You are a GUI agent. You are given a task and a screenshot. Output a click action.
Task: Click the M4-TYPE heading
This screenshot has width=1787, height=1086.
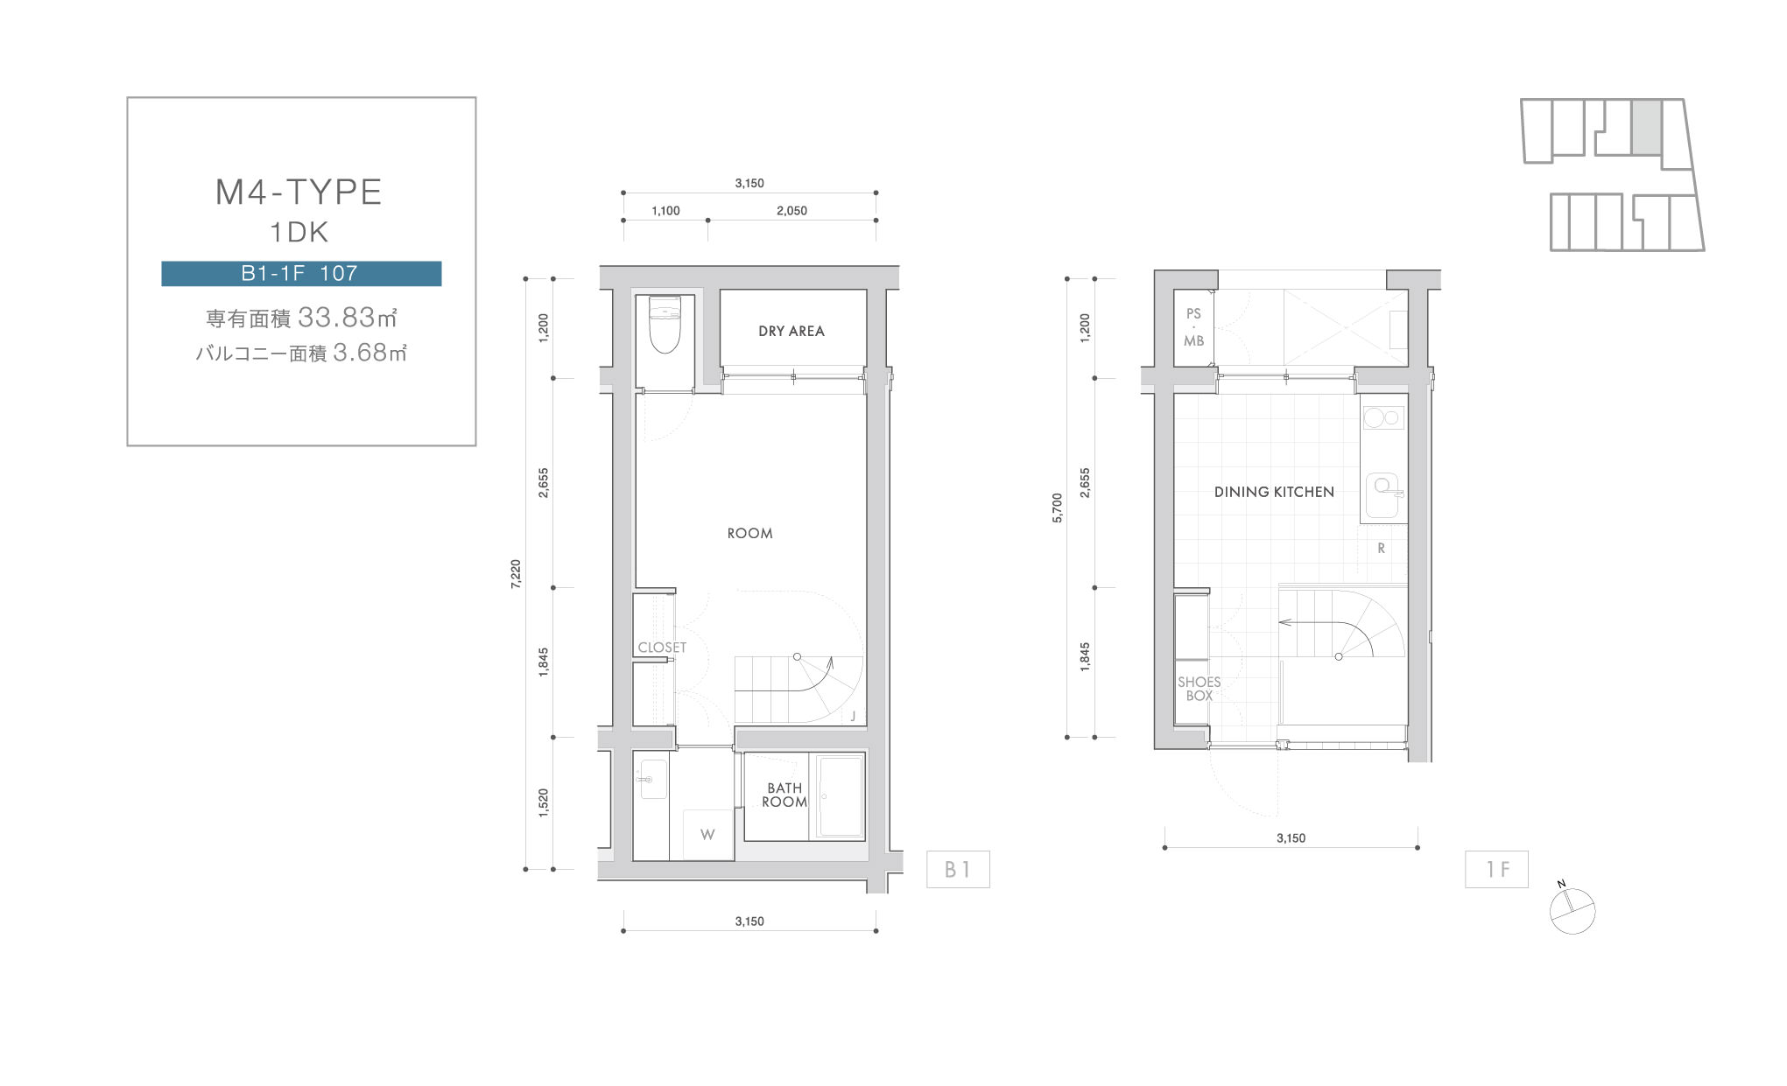click(299, 192)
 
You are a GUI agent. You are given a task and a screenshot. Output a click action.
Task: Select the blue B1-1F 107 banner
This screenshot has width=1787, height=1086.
click(301, 273)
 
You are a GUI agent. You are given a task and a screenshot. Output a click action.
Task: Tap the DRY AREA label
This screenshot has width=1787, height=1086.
click(791, 331)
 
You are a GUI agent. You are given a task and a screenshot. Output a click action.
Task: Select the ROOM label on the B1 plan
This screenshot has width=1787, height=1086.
click(750, 533)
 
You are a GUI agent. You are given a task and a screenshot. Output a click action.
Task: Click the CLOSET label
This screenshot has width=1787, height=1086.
click(662, 648)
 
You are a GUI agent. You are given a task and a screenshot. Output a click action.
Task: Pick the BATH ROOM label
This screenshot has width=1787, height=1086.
click(784, 795)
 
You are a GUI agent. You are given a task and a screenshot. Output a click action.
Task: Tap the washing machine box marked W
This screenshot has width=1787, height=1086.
click(707, 834)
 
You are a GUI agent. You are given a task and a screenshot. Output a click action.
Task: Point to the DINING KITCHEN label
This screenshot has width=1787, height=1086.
click(1274, 492)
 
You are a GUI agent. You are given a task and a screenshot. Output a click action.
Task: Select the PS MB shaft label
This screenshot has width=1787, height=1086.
click(1194, 327)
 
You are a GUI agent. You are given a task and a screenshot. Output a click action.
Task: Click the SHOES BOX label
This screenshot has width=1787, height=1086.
click(1200, 689)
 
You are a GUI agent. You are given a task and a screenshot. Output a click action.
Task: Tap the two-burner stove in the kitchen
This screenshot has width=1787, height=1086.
click(1382, 417)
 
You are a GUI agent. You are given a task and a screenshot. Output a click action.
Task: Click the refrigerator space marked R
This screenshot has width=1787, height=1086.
click(1382, 549)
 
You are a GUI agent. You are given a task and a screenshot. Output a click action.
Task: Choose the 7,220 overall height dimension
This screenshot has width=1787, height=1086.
click(516, 574)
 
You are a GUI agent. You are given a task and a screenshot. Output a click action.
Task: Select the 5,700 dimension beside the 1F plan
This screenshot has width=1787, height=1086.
click(1057, 508)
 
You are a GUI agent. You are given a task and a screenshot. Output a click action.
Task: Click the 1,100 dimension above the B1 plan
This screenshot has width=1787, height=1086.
click(666, 211)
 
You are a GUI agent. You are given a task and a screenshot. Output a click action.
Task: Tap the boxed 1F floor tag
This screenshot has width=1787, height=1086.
click(1496, 869)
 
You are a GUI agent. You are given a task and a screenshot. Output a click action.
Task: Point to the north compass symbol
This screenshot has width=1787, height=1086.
click(1572, 910)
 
